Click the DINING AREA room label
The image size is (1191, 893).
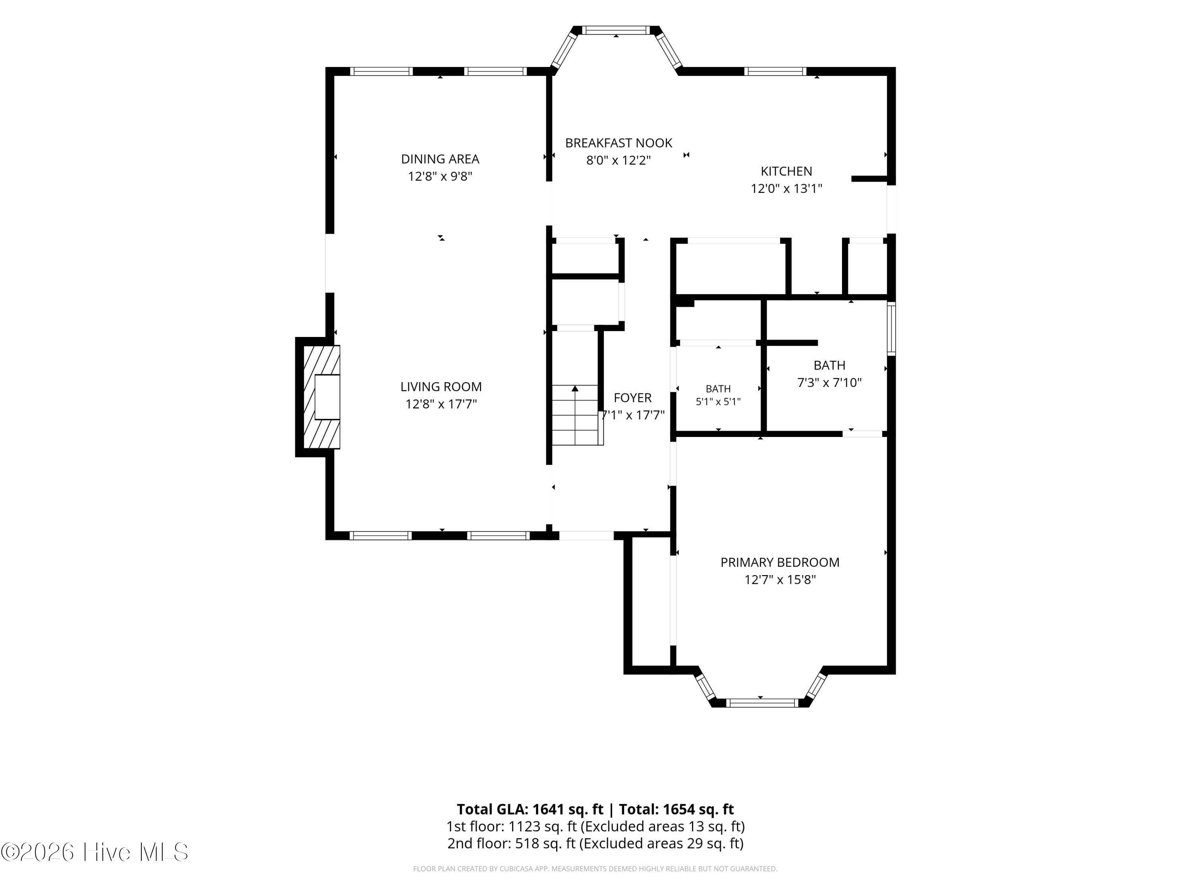click(440, 159)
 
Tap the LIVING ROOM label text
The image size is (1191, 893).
click(441, 387)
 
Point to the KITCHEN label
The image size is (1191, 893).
click(786, 171)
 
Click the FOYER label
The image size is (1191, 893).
click(633, 398)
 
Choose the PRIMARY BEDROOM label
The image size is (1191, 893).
click(780, 562)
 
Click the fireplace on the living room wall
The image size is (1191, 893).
click(322, 397)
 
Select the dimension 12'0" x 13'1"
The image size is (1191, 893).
click(786, 189)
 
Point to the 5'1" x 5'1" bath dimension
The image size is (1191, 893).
click(718, 402)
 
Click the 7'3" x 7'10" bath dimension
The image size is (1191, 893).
click(829, 383)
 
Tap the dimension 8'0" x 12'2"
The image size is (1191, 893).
click(619, 160)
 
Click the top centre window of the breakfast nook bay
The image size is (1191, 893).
click(617, 30)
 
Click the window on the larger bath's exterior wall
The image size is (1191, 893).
click(891, 329)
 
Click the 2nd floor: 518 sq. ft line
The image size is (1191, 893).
click(595, 843)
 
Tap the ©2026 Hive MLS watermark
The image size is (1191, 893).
click(95, 852)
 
